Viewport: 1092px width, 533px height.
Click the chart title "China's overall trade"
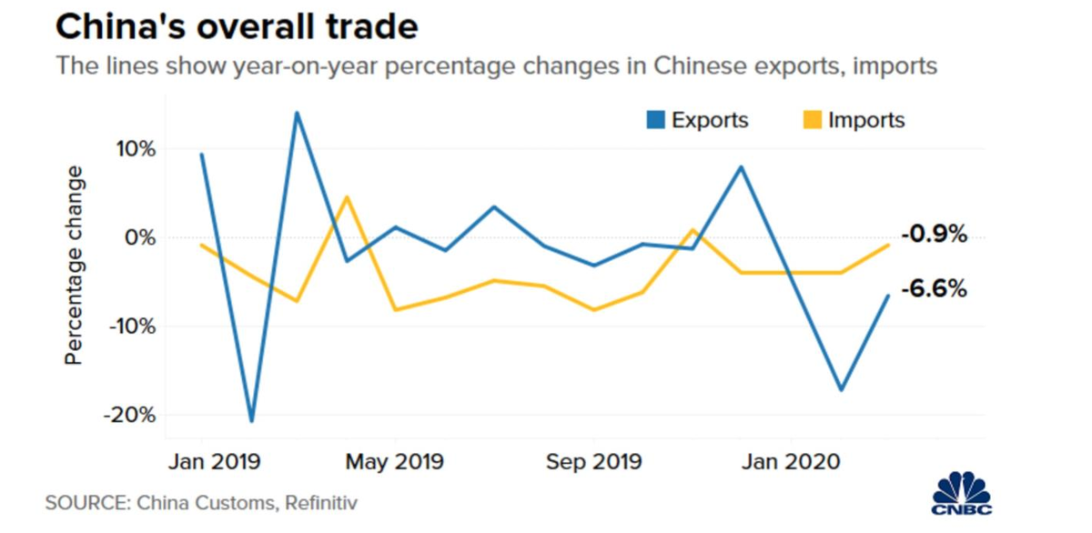click(237, 26)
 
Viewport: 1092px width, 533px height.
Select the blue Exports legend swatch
click(655, 120)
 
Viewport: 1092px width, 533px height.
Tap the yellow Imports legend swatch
click(812, 120)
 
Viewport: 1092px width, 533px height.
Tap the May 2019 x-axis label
click(394, 461)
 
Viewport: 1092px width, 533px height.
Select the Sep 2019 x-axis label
click(593, 461)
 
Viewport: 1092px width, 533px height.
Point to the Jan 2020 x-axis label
click(789, 461)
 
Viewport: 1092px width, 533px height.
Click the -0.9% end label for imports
click(934, 235)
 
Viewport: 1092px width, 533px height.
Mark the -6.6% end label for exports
click(934, 290)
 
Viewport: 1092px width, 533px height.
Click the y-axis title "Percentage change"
click(74, 266)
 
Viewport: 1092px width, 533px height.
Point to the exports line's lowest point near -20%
click(250, 421)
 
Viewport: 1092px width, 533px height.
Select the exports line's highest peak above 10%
click(297, 113)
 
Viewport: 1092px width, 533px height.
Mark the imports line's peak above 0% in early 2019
click(346, 196)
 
